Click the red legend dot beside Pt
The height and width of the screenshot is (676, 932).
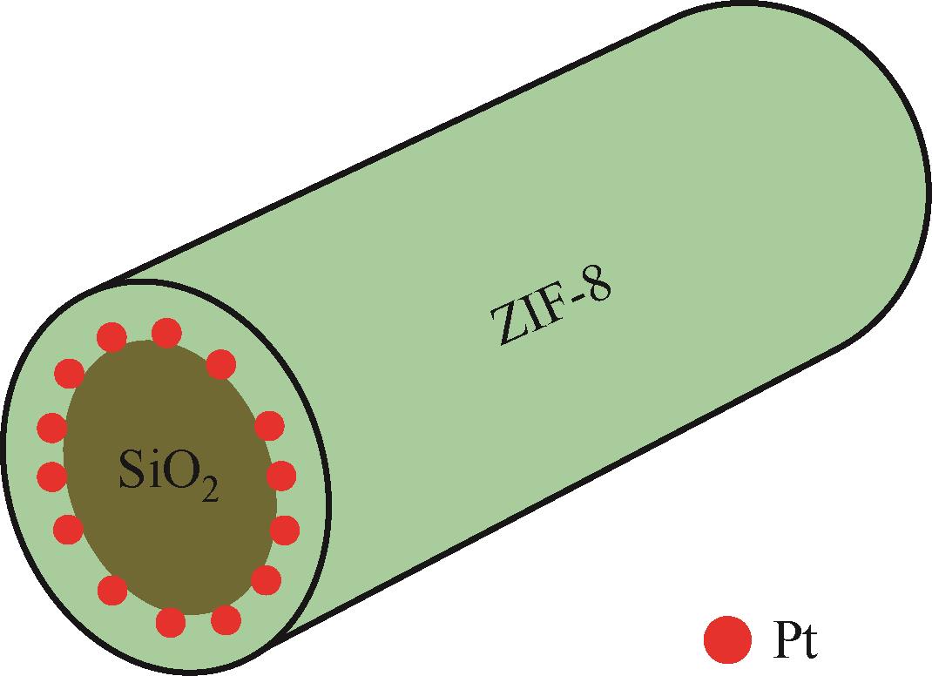coord(726,638)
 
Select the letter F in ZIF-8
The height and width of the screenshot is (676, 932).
coord(551,308)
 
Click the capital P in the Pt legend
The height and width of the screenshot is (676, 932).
coord(785,642)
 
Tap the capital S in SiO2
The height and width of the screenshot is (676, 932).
coord(132,476)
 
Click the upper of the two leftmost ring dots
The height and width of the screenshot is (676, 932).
coord(52,428)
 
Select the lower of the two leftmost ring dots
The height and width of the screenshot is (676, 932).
coord(52,476)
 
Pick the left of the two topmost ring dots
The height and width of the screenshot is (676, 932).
coord(111,336)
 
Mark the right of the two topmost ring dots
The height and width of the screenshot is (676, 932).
coord(166,333)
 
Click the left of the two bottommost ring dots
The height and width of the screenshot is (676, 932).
coord(171,623)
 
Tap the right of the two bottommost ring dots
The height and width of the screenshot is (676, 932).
coord(226,619)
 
